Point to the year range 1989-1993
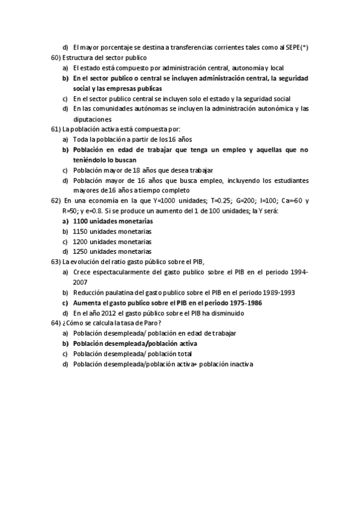click(275, 292)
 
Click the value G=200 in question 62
click(259, 201)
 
